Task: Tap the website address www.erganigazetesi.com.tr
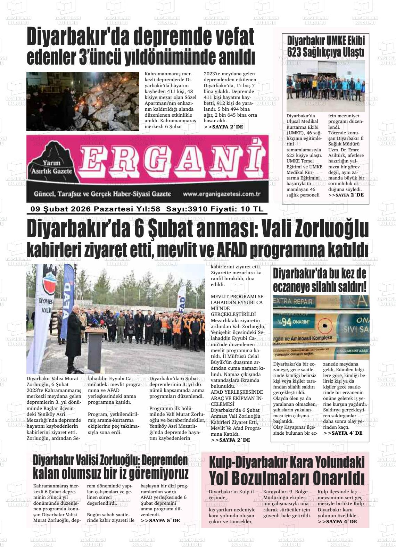(222, 194)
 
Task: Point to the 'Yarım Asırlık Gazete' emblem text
(51, 167)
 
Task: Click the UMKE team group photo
(325, 86)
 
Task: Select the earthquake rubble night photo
(83, 101)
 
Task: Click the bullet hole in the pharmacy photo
(325, 326)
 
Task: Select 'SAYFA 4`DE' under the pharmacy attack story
(343, 433)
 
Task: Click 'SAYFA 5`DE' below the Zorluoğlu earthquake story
(160, 520)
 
